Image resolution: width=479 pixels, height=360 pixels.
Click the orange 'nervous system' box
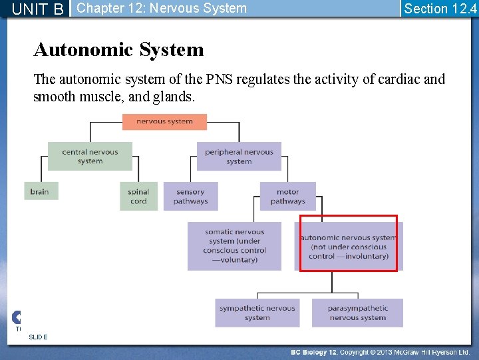tap(164, 122)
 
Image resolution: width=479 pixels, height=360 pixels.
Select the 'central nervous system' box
tap(90, 156)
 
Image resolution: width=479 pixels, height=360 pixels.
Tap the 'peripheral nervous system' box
tap(239, 156)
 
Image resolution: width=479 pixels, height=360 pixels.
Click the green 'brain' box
tap(40, 192)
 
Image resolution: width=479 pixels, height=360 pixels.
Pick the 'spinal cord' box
tap(138, 196)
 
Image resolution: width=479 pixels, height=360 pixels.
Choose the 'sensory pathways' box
tap(190, 196)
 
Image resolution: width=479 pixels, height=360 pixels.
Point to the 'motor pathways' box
tap(287, 196)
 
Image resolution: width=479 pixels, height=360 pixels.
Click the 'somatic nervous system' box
tap(234, 246)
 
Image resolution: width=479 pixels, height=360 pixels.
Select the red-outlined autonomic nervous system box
tap(349, 244)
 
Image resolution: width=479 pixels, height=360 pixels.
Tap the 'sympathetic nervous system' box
tap(257, 313)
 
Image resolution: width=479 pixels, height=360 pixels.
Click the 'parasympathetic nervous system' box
tap(357, 313)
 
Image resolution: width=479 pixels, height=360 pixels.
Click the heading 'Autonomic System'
tap(118, 50)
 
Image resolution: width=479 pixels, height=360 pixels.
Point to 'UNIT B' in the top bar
tap(37, 9)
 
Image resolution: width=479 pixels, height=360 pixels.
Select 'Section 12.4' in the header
tap(440, 9)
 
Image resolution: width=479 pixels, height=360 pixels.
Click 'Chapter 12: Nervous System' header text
tap(162, 9)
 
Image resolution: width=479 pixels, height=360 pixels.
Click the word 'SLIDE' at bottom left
tap(38, 337)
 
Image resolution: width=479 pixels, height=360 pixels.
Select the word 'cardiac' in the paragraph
tap(399, 79)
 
